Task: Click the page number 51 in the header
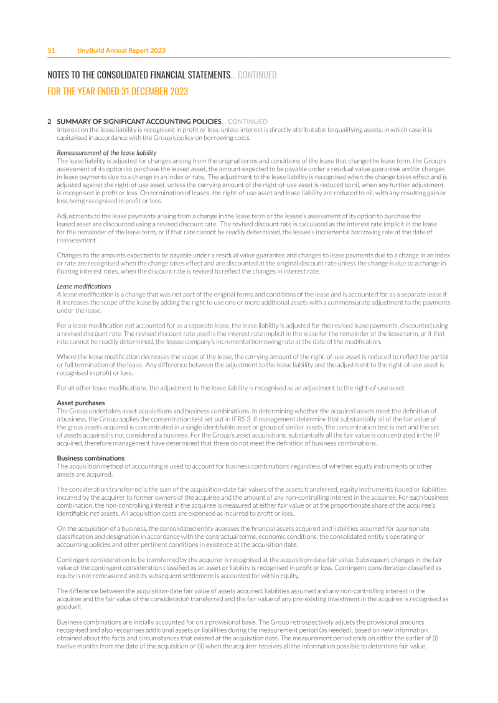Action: coord(52,50)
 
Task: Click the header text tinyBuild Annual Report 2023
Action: coord(121,50)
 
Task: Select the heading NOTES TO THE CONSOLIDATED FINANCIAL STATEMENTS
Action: coord(139,75)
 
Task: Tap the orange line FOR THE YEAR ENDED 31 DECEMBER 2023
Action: coord(118,91)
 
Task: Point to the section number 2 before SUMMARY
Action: coord(49,121)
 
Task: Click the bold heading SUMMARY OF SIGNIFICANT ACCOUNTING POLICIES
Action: coord(139,121)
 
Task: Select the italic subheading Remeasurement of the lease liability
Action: coord(106,153)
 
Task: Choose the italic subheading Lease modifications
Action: coord(84,286)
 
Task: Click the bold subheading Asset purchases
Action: coord(81,403)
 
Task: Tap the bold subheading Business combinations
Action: coord(90,458)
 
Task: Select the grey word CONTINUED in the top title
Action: coord(257,75)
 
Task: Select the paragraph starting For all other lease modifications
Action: coord(231,388)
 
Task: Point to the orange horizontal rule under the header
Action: coord(249,58)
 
